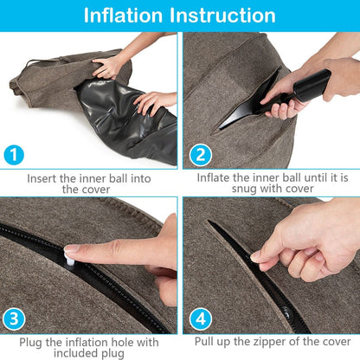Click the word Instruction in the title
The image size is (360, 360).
[229, 16]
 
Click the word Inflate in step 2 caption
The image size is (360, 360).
[216, 177]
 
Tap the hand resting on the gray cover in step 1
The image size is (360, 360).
[108, 65]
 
